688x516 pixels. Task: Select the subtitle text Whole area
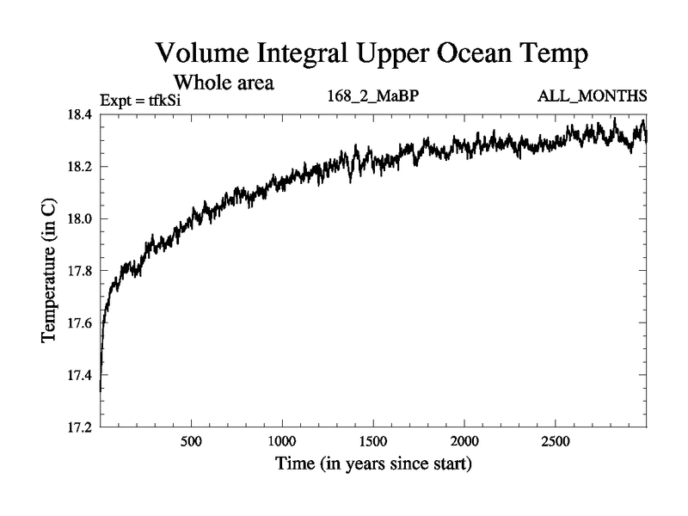click(224, 83)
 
